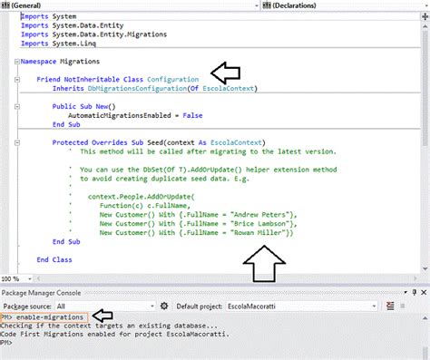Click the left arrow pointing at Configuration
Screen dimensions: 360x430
[x=226, y=73]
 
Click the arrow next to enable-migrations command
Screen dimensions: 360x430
[x=103, y=316]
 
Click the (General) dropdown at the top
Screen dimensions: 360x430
[x=100, y=5]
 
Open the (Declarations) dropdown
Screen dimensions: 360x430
[x=318, y=5]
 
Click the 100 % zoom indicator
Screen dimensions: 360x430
[x=11, y=277]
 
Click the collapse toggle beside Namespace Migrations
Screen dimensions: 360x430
[x=17, y=62]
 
